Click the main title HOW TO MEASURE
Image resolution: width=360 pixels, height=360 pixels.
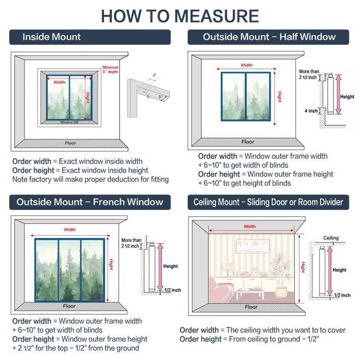(x=180, y=15)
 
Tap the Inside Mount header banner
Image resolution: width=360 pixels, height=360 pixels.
(x=90, y=37)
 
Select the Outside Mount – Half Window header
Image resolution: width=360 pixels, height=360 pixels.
(x=269, y=37)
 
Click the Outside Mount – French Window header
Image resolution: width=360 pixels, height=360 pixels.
(x=90, y=202)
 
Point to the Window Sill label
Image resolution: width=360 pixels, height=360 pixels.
(x=69, y=122)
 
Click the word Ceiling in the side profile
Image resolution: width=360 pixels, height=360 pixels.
(x=331, y=238)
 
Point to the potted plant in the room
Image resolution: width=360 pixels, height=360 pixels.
(x=281, y=278)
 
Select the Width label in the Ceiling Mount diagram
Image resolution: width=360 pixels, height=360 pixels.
(x=250, y=227)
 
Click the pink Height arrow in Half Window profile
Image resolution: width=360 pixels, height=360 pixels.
(x=338, y=95)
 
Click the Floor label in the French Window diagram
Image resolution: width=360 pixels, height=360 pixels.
(x=70, y=306)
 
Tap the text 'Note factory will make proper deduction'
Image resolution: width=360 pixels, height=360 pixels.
(x=90, y=180)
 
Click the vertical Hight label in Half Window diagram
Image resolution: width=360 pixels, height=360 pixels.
(x=279, y=96)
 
